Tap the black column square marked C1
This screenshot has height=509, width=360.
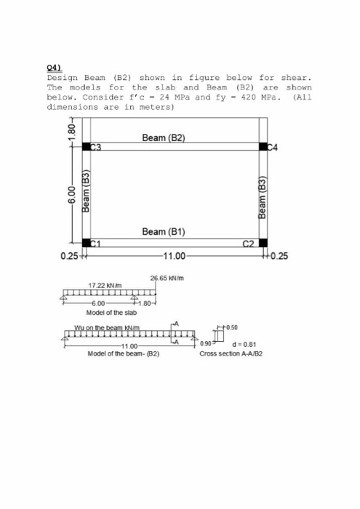(87, 243)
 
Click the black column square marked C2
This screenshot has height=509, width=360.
(263, 243)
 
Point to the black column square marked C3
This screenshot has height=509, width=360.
(87, 147)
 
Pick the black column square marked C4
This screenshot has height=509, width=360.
(263, 147)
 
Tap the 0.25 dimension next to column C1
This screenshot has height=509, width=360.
(71, 255)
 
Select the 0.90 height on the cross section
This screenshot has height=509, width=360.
(208, 344)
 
